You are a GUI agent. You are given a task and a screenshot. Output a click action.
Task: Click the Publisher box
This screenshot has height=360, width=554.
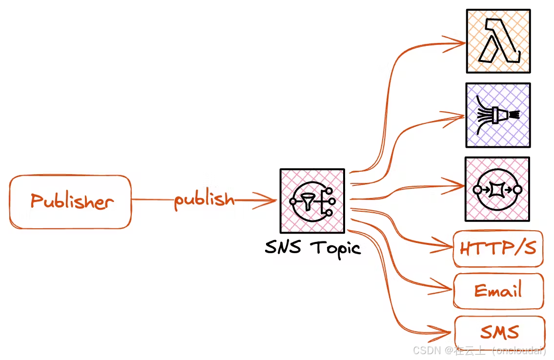(70, 201)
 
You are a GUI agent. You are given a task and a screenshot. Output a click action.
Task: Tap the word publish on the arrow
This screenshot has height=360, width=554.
(204, 200)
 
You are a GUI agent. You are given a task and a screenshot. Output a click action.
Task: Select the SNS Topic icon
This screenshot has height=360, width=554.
(312, 200)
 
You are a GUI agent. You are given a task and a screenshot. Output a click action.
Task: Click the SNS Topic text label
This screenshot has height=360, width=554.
(312, 248)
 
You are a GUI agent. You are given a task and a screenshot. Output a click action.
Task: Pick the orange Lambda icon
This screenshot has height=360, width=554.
(498, 41)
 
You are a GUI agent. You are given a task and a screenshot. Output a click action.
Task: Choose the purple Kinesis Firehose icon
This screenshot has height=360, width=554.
(497, 115)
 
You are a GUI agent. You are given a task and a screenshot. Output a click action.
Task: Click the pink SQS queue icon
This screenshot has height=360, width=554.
(497, 189)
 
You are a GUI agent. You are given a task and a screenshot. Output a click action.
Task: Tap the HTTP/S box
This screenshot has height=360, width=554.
(498, 249)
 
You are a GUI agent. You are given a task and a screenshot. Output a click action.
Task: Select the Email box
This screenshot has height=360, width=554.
(498, 291)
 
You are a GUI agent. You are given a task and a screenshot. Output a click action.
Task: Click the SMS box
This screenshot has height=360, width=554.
(499, 333)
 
